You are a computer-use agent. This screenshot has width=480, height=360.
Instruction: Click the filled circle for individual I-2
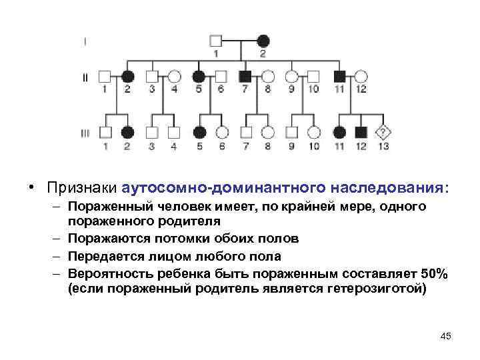pyautogui.click(x=263, y=41)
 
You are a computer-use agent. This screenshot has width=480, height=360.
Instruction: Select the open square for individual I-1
pyautogui.click(x=216, y=41)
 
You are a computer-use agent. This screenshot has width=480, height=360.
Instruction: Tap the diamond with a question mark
pyautogui.click(x=383, y=133)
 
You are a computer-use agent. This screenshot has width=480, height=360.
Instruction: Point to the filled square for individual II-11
pyautogui.click(x=339, y=76)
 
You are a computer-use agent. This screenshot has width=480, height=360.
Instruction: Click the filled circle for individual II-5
pyautogui.click(x=198, y=76)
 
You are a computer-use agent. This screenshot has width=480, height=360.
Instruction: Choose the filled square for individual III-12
pyautogui.click(x=362, y=133)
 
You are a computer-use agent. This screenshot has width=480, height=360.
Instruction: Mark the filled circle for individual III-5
pyautogui.click(x=198, y=133)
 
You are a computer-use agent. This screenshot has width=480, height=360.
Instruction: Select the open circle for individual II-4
pyautogui.click(x=174, y=76)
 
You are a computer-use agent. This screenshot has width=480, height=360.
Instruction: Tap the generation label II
pyautogui.click(x=85, y=77)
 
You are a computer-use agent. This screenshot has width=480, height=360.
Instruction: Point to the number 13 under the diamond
pyautogui.click(x=383, y=146)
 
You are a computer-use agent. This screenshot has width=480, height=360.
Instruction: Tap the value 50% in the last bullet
pyautogui.click(x=434, y=273)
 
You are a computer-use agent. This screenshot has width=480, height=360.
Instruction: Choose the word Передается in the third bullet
pyautogui.click(x=104, y=256)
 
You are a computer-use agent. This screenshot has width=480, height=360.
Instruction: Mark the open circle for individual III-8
pyautogui.click(x=268, y=133)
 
